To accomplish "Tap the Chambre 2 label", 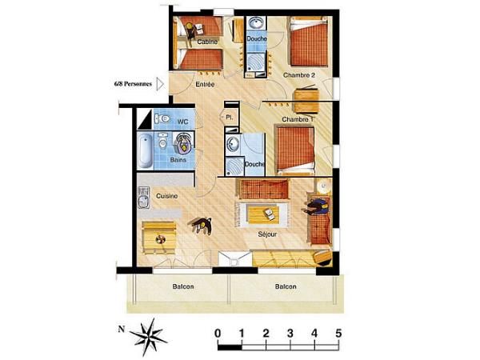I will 298,75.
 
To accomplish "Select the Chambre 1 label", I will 297,119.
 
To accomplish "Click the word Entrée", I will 207,82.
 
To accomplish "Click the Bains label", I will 178,160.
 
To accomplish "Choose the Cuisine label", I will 167,196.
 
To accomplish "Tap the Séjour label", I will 268,235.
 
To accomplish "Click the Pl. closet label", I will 229,117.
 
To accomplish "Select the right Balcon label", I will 286,287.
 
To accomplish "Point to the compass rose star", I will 148,334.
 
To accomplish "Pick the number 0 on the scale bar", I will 218,333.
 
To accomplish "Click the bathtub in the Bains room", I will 145,150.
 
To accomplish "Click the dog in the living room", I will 200,226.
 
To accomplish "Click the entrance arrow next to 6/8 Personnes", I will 160,82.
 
